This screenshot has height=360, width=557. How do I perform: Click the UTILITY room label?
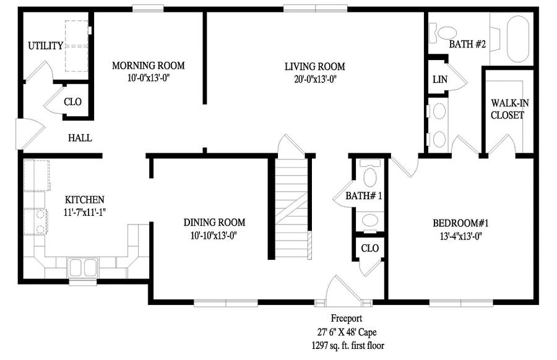coord(45,46)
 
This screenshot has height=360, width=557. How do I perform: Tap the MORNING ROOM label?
coord(148,66)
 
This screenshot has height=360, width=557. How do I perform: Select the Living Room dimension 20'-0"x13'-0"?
coord(315,79)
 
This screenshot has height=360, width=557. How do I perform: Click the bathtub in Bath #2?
coord(517,39)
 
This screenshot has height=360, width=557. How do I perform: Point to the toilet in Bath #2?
coord(443,33)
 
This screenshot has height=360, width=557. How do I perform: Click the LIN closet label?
coord(440,80)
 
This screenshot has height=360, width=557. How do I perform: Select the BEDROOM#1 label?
coord(460,223)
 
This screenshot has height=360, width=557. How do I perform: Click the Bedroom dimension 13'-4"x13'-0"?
coord(460,236)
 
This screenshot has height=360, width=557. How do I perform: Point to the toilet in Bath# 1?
coord(370,173)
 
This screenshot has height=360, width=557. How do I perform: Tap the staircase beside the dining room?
coord(291,208)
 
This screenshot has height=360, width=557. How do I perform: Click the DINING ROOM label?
coord(214,223)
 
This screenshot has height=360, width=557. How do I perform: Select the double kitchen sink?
coord(83,267)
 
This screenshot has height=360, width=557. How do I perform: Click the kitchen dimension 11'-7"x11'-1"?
coord(85,213)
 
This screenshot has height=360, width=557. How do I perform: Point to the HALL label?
coord(80,138)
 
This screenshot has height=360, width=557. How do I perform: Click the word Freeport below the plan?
coord(347,319)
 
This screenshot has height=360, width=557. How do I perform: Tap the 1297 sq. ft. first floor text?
coord(348,345)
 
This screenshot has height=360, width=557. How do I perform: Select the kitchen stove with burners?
coord(35,221)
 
